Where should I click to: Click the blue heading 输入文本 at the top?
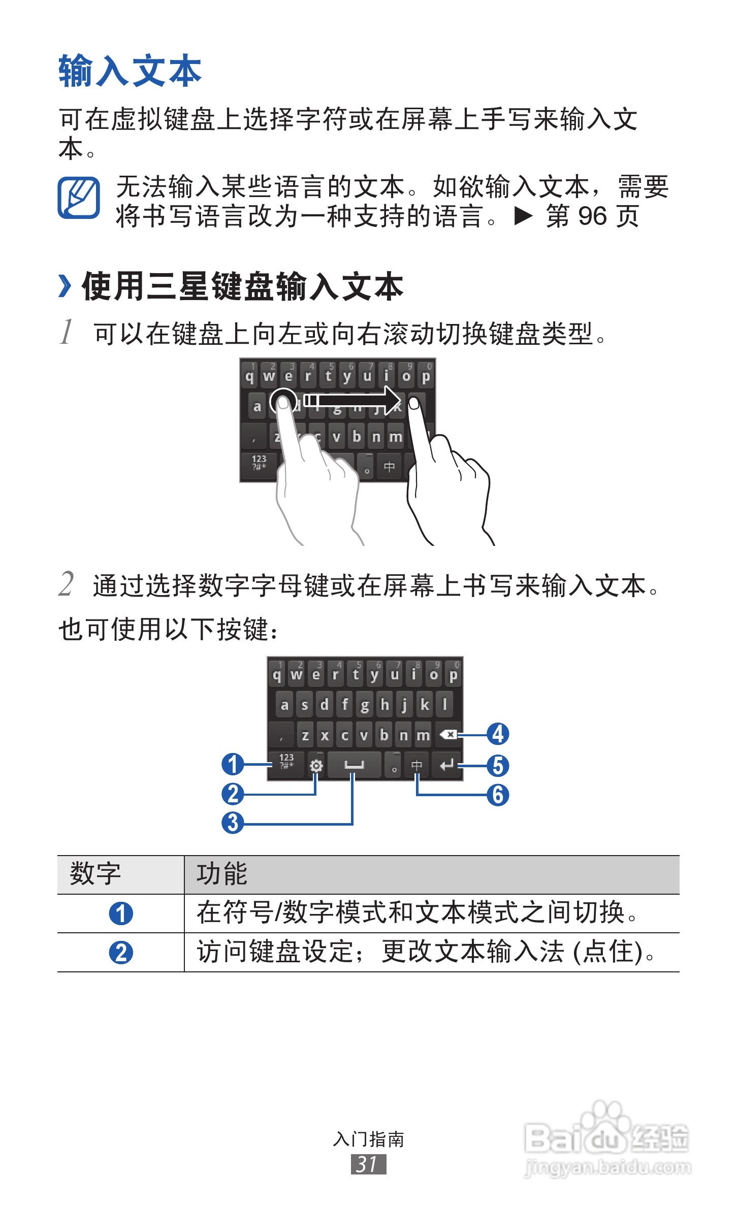click(130, 71)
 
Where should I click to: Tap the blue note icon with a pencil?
click(79, 198)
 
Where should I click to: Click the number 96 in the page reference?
click(592, 216)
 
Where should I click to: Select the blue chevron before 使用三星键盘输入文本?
click(65, 286)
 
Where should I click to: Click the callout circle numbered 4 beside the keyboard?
click(498, 734)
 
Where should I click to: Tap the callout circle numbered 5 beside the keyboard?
click(498, 766)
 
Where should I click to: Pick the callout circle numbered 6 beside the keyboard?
click(498, 795)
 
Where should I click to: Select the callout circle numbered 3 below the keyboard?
click(233, 823)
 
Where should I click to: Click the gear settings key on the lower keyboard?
click(316, 765)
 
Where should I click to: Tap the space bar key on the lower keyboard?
click(354, 765)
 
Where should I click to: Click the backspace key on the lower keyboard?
click(447, 734)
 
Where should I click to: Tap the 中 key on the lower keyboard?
click(416, 765)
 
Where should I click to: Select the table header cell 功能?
click(222, 874)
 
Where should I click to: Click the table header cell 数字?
click(95, 874)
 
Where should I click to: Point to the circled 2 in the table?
click(121, 953)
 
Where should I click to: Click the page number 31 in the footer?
click(368, 1164)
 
